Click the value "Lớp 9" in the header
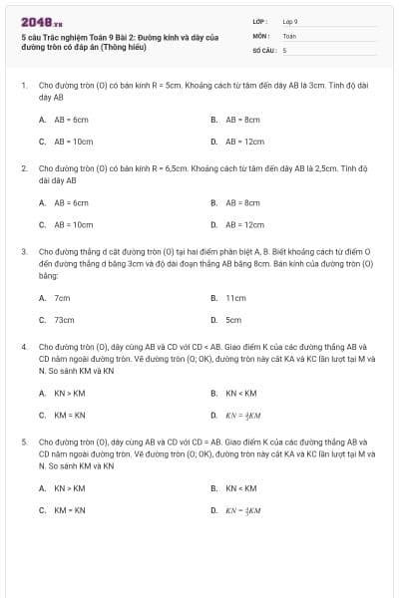(290, 20)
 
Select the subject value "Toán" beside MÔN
(289, 35)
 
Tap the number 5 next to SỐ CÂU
(284, 49)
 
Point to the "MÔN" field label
(260, 35)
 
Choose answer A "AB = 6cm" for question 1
(71, 119)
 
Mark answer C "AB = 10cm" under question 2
(73, 225)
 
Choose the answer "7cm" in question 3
(62, 297)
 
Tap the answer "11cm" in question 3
(235, 297)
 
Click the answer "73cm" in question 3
(64, 320)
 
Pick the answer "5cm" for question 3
(233, 320)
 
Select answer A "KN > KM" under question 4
(70, 392)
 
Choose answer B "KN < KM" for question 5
(240, 487)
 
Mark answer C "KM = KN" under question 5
(70, 510)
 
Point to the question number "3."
(24, 251)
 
